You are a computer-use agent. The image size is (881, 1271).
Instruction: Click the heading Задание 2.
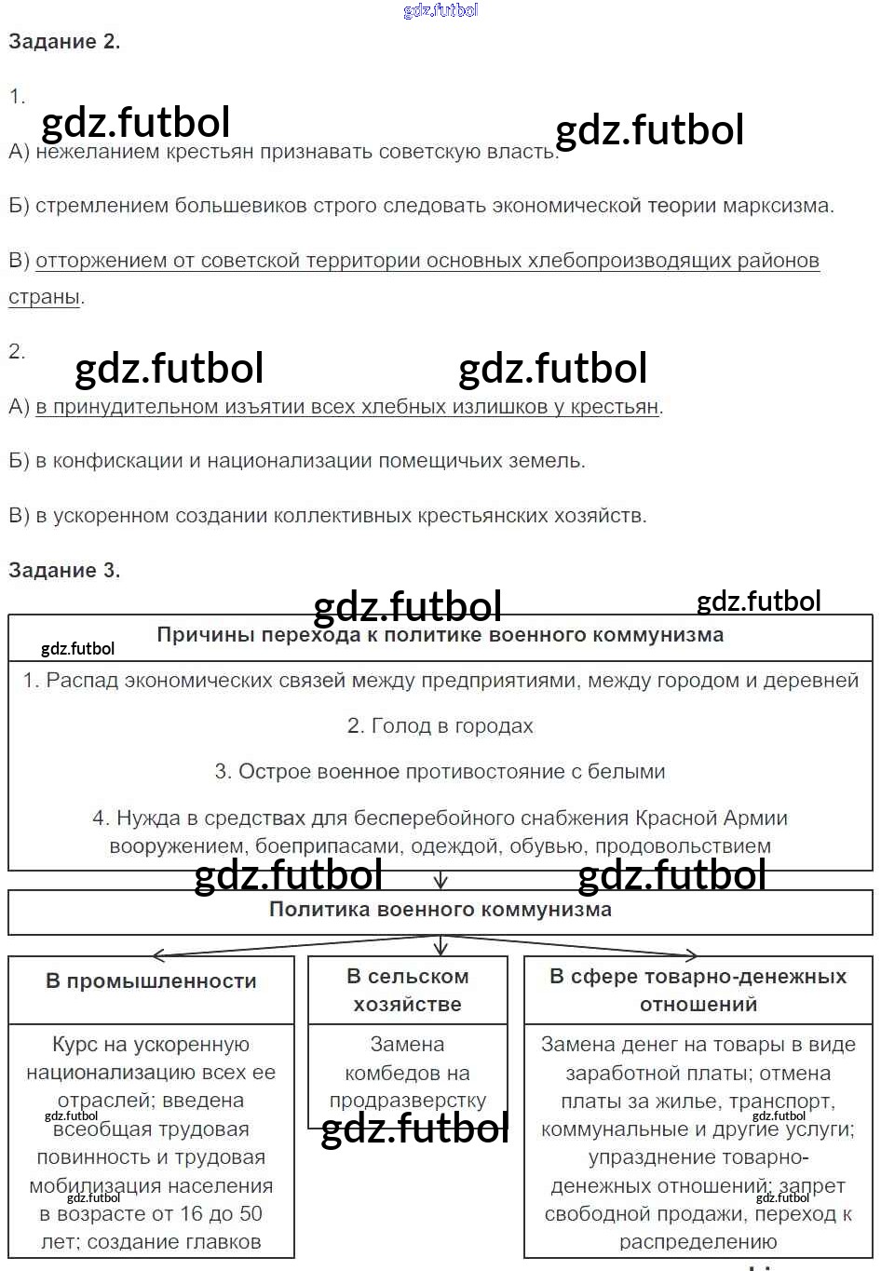coord(64,42)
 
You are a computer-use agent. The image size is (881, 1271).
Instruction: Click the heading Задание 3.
coord(64,571)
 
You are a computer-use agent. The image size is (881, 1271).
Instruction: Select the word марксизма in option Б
coord(780,206)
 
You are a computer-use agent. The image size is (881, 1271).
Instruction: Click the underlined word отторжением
coord(101,261)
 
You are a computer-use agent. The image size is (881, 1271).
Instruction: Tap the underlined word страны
coord(44,297)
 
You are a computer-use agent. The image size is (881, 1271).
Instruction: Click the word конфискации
coord(116,461)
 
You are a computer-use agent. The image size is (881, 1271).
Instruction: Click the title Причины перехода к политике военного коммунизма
coord(440,635)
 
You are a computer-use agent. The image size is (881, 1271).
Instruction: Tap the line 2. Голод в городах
coord(440,726)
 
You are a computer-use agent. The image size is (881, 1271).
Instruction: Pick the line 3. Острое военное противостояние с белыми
coord(440,772)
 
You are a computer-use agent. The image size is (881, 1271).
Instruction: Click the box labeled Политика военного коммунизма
coord(440,910)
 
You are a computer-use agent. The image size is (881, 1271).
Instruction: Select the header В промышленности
coord(151,981)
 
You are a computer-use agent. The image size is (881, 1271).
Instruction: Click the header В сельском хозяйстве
coord(407,991)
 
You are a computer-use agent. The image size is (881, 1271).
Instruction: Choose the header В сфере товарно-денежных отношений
coord(698,991)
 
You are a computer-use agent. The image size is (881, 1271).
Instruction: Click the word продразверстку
coord(407,1101)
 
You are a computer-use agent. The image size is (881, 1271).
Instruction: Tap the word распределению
coord(698,1242)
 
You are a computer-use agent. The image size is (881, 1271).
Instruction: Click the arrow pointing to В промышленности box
coord(158,955)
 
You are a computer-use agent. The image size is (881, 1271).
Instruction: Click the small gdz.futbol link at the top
coord(440,10)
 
